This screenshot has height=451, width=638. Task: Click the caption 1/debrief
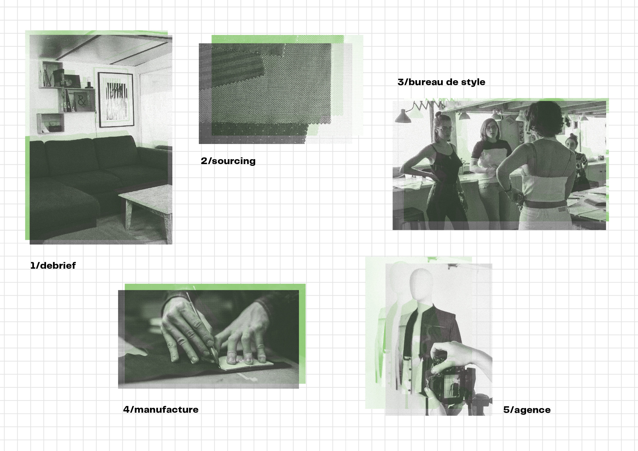(x=53, y=266)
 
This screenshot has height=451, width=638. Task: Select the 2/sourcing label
(x=228, y=161)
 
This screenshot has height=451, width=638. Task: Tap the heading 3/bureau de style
(x=441, y=82)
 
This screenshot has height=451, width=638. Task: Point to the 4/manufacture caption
(x=161, y=409)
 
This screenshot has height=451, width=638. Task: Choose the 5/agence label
(x=527, y=410)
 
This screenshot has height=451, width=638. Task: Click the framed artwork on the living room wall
(x=116, y=100)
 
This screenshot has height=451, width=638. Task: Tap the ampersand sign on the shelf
(x=81, y=101)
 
